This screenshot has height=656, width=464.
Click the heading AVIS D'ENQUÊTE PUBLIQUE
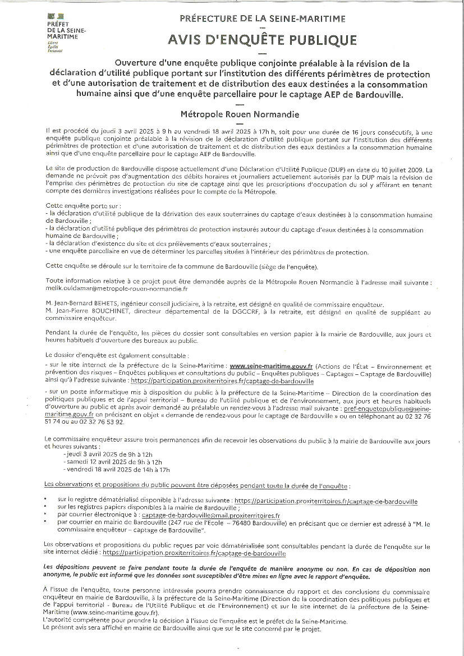(262, 40)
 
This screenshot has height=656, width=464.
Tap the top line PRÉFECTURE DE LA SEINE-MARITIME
(262, 19)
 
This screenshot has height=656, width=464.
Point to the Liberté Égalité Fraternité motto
(54, 47)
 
